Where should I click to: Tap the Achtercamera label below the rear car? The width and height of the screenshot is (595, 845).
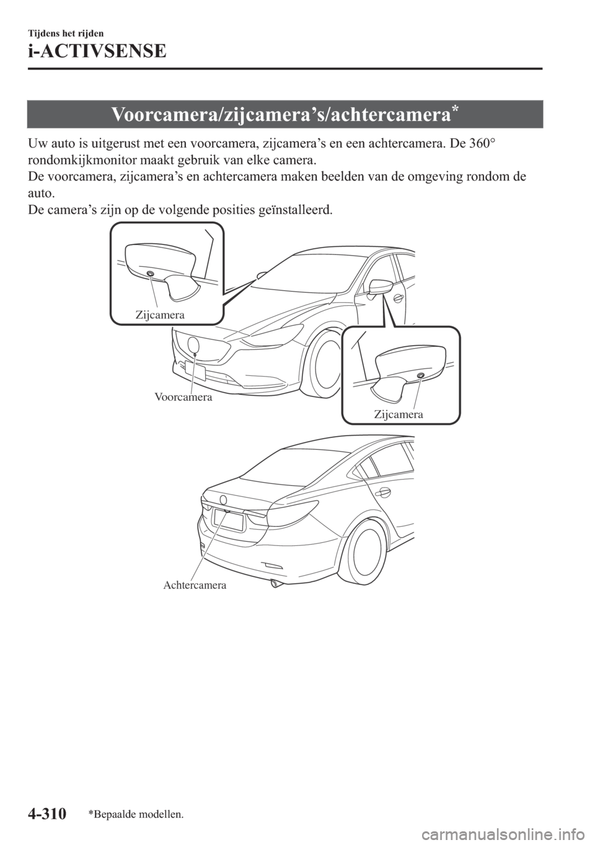(x=195, y=584)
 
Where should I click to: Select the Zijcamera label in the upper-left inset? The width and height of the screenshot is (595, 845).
(x=159, y=315)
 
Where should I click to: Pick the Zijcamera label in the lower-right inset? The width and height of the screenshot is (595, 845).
(x=399, y=414)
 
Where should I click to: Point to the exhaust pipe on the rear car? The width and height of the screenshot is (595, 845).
(x=273, y=584)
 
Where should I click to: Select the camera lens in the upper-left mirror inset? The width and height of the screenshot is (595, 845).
(x=150, y=274)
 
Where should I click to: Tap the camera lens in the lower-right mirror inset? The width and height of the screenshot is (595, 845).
(x=420, y=376)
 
